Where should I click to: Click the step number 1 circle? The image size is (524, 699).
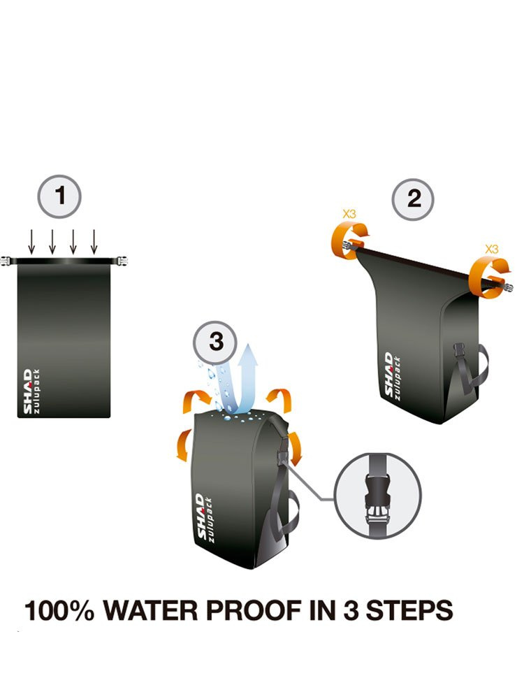(x=59, y=196)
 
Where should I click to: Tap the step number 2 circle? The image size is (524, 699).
(x=413, y=199)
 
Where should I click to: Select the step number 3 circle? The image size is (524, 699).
(x=214, y=343)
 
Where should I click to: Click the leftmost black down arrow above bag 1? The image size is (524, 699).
(x=31, y=242)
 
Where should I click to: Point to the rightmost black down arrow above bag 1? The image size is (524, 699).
(x=94, y=242)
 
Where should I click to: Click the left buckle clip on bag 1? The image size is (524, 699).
(x=6, y=261)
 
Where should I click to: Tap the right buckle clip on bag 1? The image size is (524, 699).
(x=121, y=261)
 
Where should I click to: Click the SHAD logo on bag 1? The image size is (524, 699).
(x=28, y=391)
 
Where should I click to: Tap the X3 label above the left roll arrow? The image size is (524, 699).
(x=349, y=214)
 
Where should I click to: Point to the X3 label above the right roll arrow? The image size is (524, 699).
(x=492, y=249)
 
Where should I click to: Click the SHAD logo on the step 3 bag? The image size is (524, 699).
(x=201, y=517)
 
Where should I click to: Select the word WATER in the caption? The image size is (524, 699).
(x=151, y=610)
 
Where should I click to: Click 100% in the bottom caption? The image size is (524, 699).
(x=59, y=610)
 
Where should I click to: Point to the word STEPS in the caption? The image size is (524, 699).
(x=409, y=610)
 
